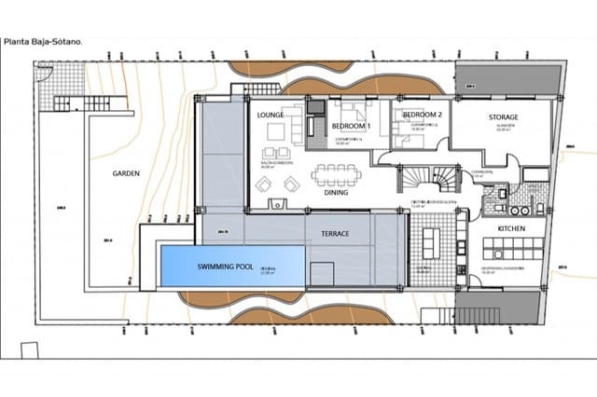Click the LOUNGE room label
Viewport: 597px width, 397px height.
click(x=271, y=116)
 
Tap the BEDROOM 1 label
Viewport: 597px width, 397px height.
click(x=353, y=126)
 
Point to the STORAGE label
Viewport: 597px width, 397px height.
click(x=509, y=117)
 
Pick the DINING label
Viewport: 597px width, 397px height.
click(x=336, y=194)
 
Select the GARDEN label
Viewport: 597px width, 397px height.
click(x=126, y=173)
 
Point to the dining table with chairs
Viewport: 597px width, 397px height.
click(x=337, y=174)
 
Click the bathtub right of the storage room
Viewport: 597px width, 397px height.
click(x=535, y=174)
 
